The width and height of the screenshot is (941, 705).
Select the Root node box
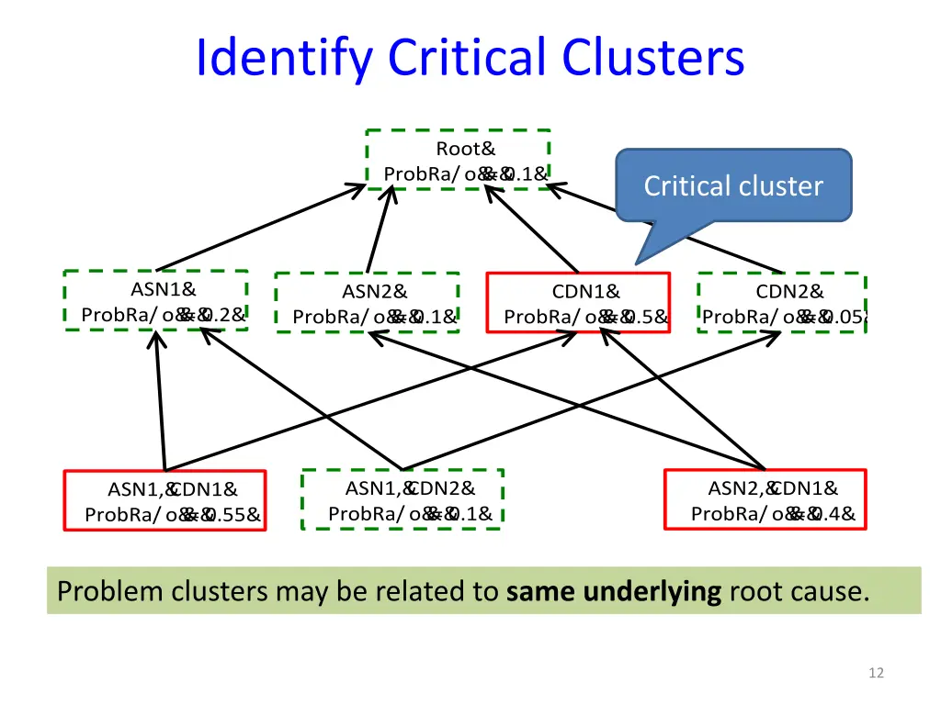pos(458,160)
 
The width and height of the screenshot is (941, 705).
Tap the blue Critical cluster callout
pos(733,185)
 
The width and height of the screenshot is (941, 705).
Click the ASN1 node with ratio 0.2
pos(156,301)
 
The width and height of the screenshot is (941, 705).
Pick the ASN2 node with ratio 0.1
pos(368,303)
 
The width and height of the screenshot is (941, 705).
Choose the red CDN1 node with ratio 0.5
pos(578,303)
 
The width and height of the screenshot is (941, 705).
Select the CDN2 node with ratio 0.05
pos(782,303)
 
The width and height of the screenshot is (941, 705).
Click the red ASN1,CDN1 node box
pos(164,501)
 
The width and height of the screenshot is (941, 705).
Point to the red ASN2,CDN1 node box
pos(765,500)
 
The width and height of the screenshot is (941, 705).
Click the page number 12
pos(876,673)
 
